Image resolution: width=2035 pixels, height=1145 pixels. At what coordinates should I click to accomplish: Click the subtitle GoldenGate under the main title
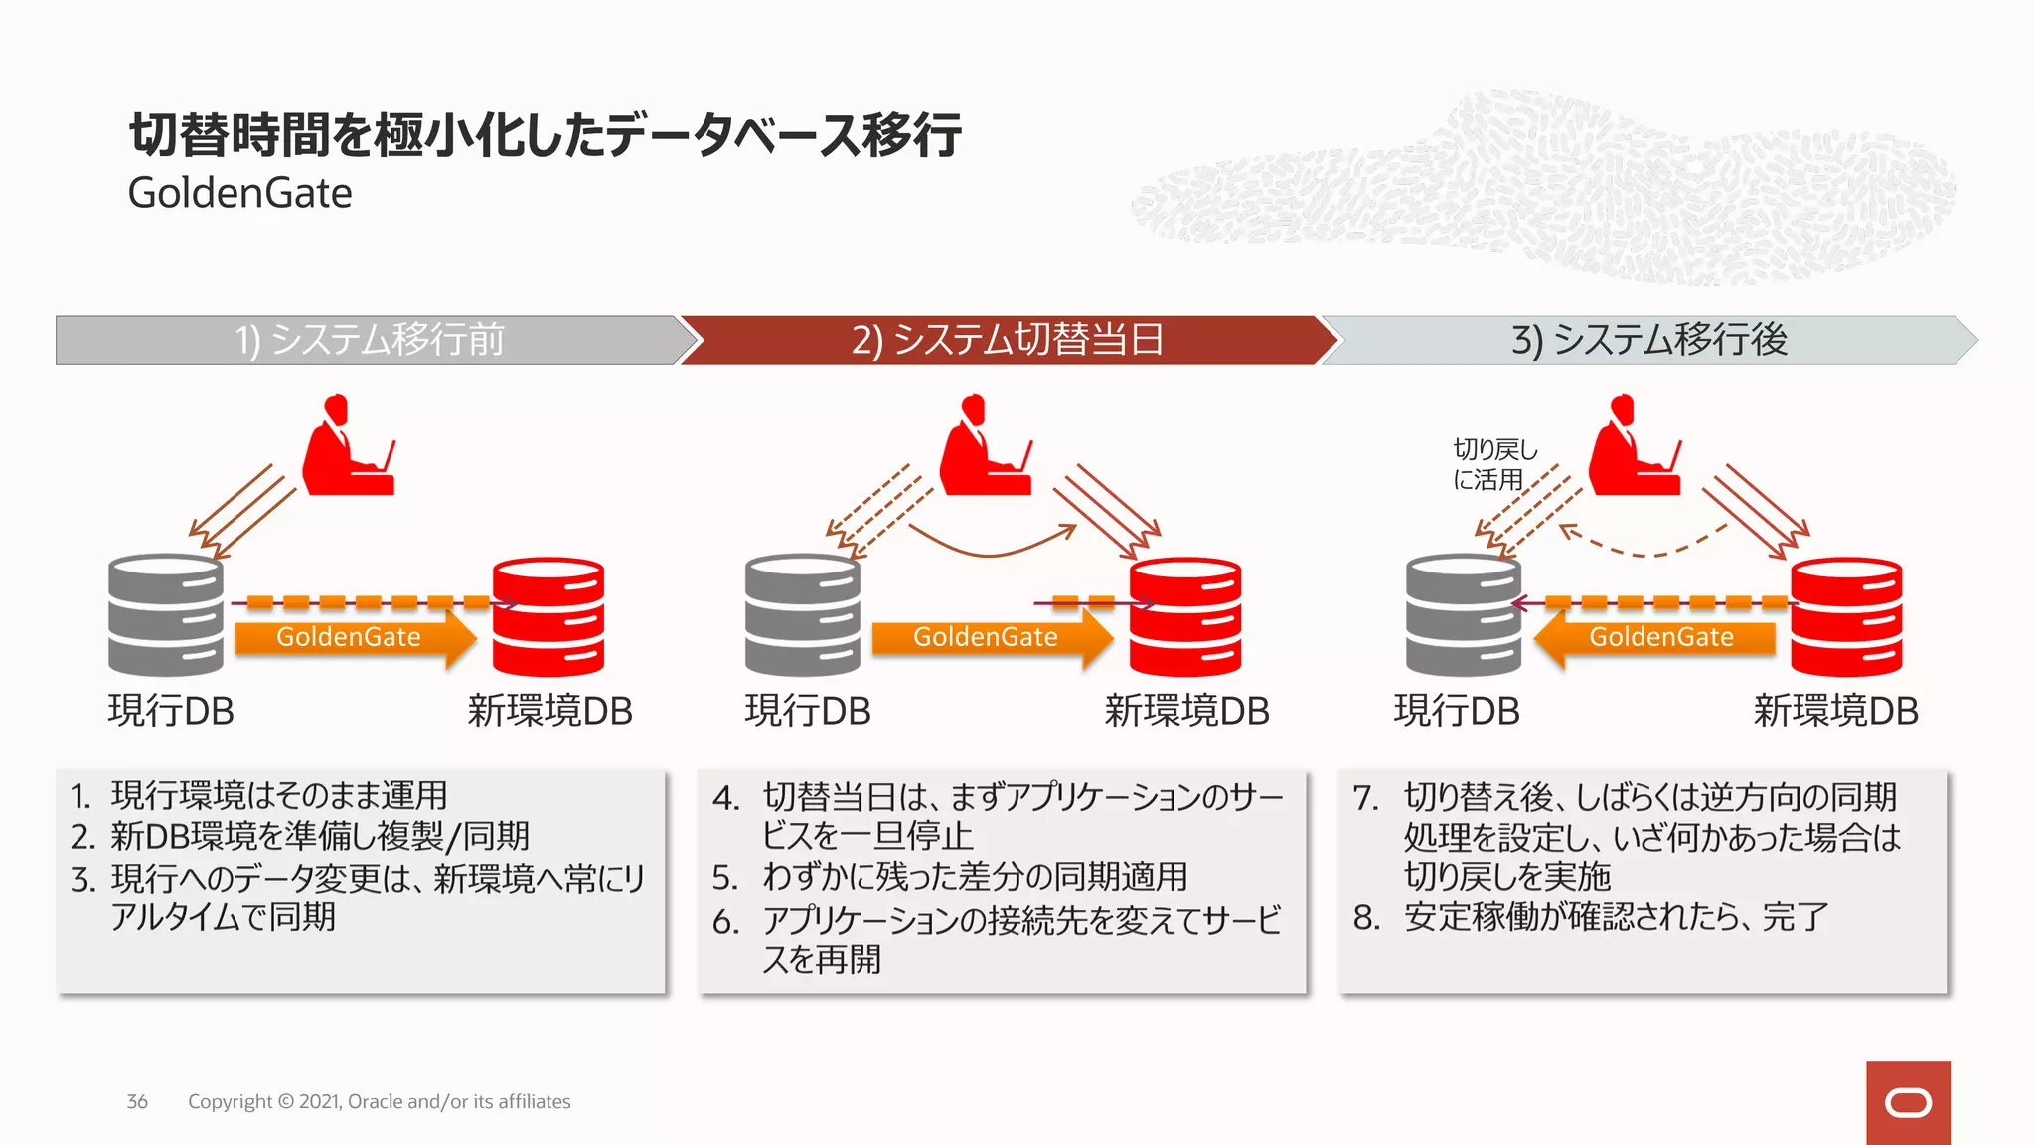[x=239, y=193]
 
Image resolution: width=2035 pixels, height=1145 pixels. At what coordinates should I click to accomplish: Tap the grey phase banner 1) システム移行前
[x=370, y=340]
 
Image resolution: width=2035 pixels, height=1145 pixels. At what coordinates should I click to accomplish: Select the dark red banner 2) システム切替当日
[x=1007, y=340]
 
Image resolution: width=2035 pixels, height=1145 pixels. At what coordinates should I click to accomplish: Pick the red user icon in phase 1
[x=348, y=447]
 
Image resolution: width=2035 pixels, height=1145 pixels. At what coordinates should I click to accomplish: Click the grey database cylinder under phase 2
[x=802, y=614]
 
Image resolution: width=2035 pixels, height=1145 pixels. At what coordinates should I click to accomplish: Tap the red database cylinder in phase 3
[x=1845, y=616]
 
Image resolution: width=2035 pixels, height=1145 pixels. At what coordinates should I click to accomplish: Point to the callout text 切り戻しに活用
[x=1493, y=464]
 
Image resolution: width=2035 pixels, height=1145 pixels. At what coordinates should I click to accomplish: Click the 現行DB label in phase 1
[x=171, y=711]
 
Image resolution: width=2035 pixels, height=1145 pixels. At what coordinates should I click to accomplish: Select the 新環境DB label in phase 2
[x=1186, y=711]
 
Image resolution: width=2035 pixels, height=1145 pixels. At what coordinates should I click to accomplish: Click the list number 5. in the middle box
[x=725, y=878]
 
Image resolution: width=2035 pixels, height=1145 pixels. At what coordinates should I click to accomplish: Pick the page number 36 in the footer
[x=137, y=1101]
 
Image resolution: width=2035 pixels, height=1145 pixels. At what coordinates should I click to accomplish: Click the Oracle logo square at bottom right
[x=1907, y=1102]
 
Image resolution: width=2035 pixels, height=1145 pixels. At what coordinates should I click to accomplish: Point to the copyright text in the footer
[x=379, y=1101]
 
